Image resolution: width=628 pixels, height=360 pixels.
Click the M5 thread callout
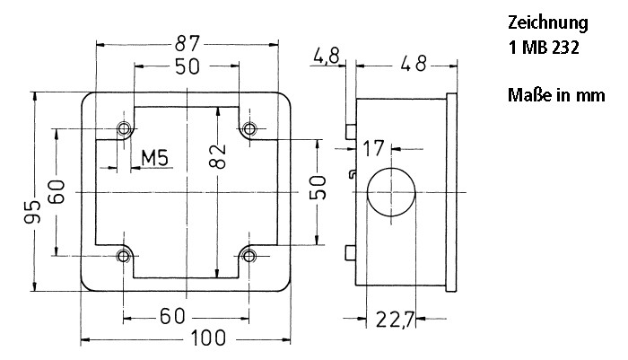(157, 159)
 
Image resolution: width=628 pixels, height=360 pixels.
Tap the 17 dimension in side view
(374, 147)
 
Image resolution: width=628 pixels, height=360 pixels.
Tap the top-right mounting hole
(249, 128)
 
